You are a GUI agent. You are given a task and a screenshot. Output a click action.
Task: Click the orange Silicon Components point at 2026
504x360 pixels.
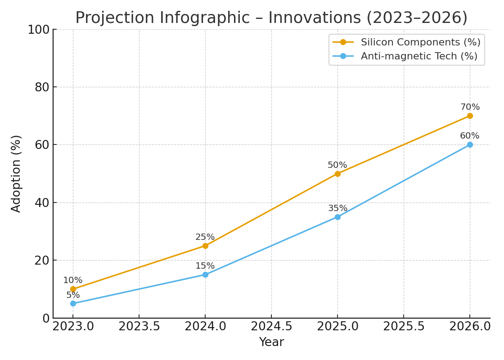(470, 116)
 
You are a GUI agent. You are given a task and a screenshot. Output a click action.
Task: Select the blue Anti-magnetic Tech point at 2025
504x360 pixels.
(337, 217)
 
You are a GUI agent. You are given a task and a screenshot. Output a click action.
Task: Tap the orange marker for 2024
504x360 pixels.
(205, 246)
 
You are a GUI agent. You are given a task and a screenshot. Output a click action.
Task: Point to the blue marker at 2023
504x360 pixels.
(73, 303)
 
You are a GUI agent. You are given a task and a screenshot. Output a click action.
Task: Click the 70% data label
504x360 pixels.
(470, 107)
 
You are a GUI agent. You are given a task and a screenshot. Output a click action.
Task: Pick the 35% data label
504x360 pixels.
(337, 208)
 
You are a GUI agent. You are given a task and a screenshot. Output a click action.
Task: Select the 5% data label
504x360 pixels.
(73, 295)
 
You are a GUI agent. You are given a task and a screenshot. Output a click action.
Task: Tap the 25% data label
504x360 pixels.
(205, 237)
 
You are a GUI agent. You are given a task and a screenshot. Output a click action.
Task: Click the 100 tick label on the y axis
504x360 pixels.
(39, 30)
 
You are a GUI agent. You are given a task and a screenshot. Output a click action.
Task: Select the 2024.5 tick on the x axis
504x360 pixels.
(271, 326)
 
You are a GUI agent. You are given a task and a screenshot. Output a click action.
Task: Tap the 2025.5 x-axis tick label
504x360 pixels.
(404, 326)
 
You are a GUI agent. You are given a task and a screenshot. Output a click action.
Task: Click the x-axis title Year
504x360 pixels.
(271, 342)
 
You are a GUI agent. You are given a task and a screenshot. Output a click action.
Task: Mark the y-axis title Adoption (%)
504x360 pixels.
(16, 173)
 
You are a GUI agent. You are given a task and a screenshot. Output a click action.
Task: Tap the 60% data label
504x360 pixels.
(470, 136)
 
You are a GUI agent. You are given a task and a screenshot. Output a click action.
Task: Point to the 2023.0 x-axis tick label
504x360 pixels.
(73, 326)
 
